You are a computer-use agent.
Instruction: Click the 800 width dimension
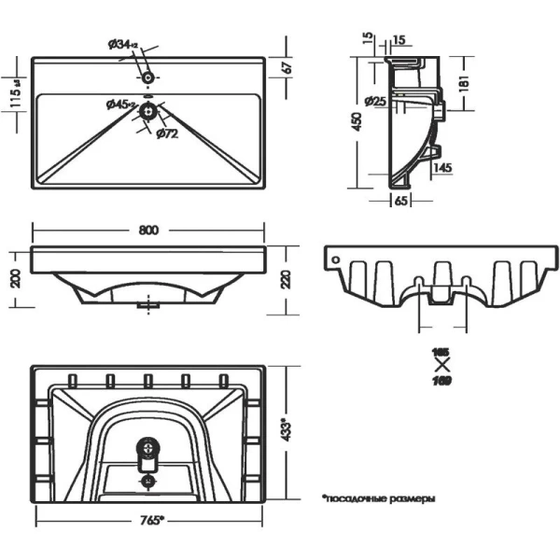148,230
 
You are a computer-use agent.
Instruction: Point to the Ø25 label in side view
377,101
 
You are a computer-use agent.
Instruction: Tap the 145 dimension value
442,167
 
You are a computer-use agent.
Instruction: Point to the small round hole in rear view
332,254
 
